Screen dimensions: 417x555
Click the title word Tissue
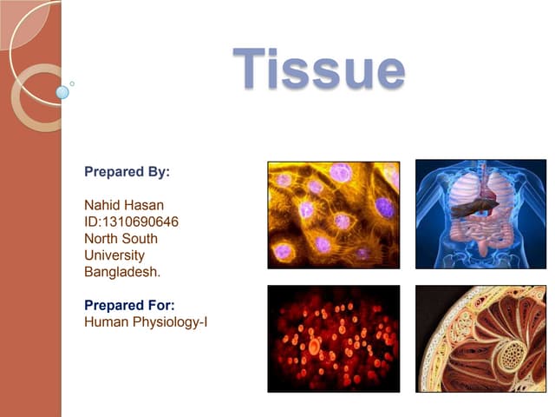pos(318,69)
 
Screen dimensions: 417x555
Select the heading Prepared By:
pos(127,171)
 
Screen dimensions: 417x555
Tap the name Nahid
pos(102,205)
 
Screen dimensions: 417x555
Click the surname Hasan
pos(144,205)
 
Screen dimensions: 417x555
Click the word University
pos(114,255)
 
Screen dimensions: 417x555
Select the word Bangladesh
pos(122,272)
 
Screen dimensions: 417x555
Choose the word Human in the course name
pos(104,322)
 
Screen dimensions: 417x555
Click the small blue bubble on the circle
pos(62,92)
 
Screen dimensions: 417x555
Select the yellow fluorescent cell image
pos(333,214)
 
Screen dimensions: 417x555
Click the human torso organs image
pos(480,214)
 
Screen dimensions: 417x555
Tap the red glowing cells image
pos(333,339)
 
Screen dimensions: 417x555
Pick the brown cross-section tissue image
pos(480,339)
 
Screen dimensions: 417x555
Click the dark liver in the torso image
pos(473,208)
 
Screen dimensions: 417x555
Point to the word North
pos(101,238)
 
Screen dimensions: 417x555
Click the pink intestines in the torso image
pos(480,235)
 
